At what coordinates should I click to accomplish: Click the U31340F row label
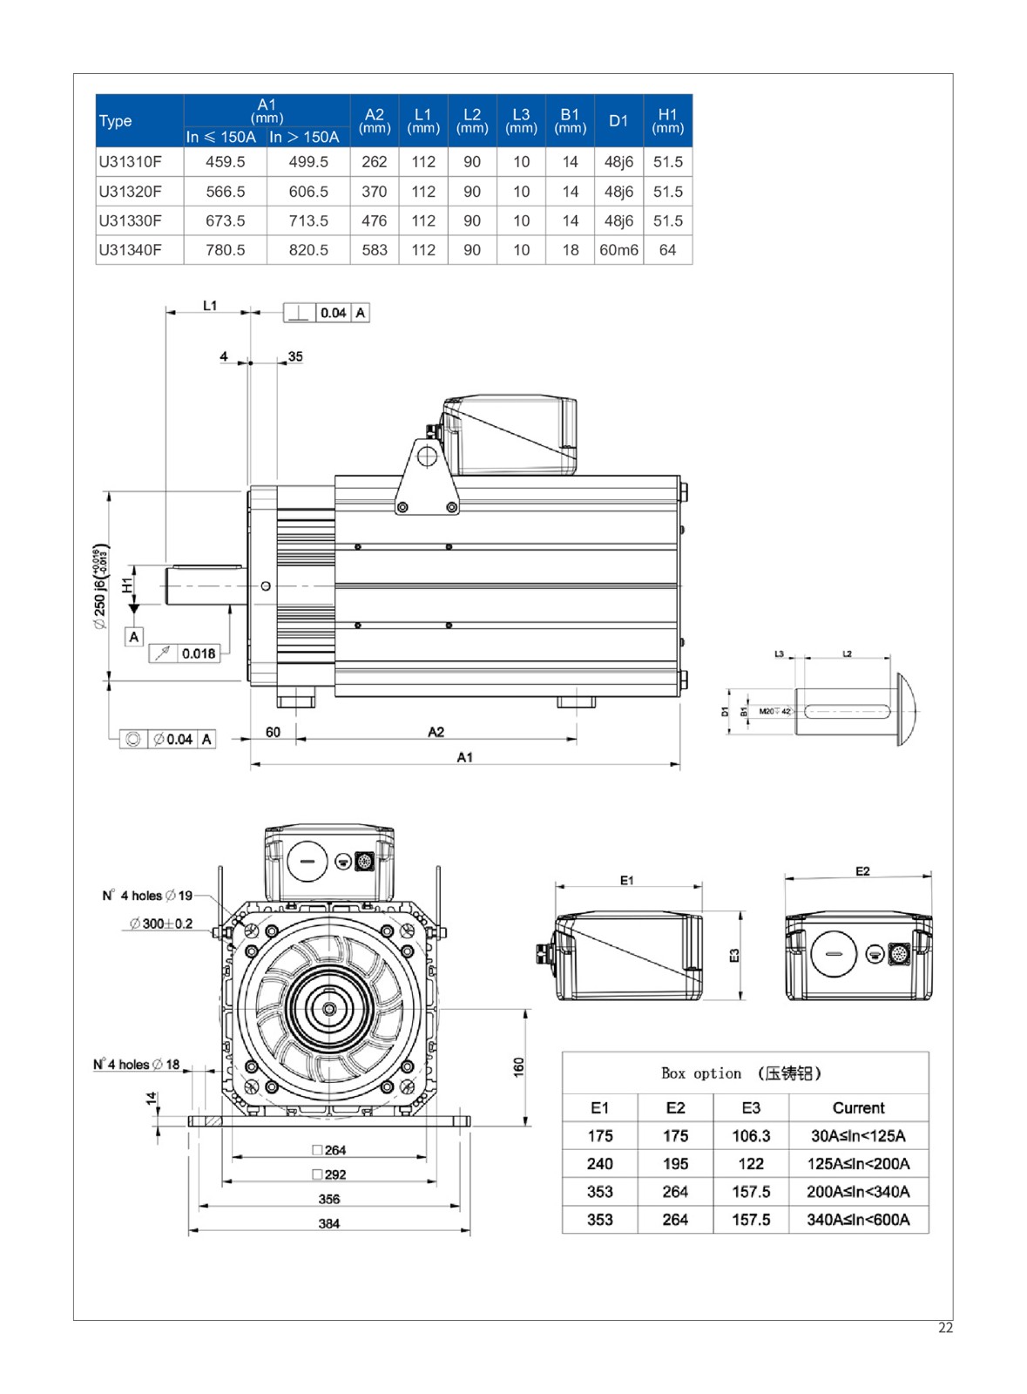click(131, 250)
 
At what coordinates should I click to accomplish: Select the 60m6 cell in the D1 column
click(618, 250)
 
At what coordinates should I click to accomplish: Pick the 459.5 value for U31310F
click(226, 162)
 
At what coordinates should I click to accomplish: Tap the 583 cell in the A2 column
click(375, 250)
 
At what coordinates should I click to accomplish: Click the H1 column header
click(667, 120)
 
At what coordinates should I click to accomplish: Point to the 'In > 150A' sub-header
click(304, 137)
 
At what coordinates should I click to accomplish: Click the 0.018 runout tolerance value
click(199, 653)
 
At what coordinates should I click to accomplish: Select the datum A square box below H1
click(133, 637)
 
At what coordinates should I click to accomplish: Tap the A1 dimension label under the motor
click(464, 757)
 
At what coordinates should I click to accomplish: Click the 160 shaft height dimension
click(519, 1067)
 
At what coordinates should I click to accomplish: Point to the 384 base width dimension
click(328, 1223)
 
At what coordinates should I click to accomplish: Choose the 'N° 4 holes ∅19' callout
click(147, 896)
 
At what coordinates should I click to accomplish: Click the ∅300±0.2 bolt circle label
click(161, 924)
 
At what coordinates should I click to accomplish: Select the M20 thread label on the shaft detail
click(767, 712)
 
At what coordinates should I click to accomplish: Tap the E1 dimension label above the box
click(627, 880)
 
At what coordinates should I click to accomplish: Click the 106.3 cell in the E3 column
click(751, 1136)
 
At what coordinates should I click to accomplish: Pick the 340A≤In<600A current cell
click(858, 1220)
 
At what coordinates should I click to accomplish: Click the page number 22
click(945, 1328)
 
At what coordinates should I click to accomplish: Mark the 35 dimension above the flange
click(295, 356)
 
